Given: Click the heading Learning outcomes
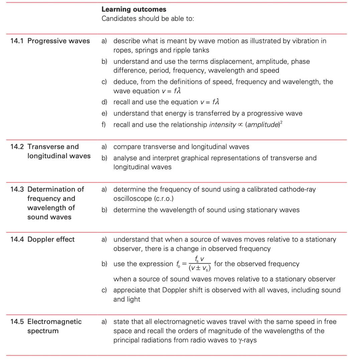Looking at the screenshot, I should (x=134, y=9).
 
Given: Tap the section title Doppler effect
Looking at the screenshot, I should (x=51, y=239).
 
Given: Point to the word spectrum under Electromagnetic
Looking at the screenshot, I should (x=43, y=331).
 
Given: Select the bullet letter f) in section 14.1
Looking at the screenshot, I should (x=104, y=125).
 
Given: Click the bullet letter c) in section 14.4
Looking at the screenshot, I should (x=104, y=290).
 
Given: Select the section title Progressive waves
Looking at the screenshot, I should (x=58, y=41).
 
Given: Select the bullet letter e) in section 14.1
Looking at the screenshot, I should (x=104, y=113).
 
